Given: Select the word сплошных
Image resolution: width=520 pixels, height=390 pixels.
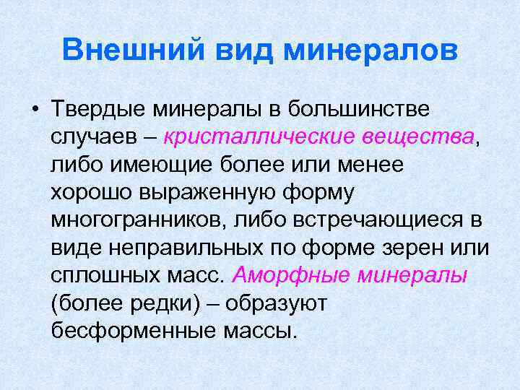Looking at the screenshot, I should [x=102, y=275].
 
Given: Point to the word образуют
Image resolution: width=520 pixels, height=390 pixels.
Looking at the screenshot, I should [x=277, y=303].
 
